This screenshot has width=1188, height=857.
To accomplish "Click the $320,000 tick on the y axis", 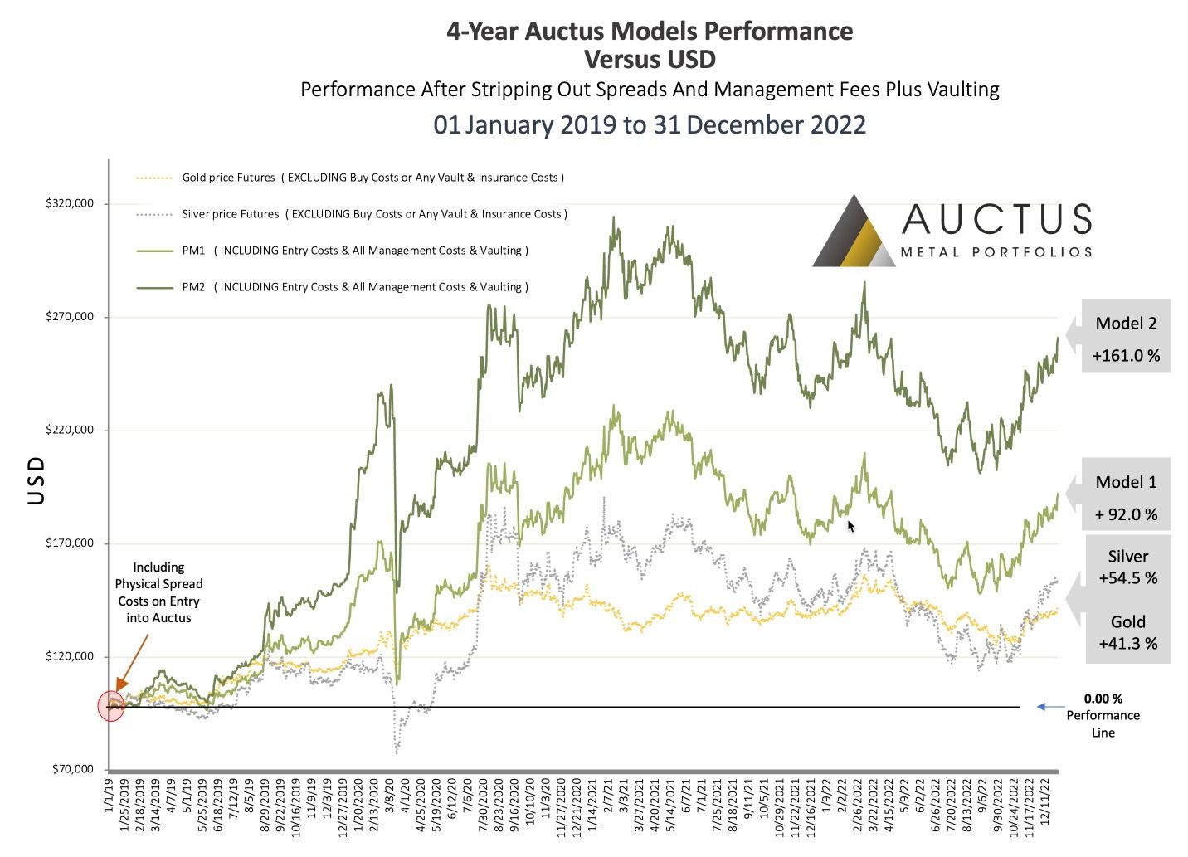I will (x=70, y=203).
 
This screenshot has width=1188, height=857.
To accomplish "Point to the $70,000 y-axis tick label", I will (x=72, y=769).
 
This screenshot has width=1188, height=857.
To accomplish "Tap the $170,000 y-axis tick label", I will (x=70, y=543).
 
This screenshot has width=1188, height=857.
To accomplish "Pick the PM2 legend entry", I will (x=331, y=287).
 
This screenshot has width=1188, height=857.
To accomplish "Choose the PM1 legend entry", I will (x=331, y=251).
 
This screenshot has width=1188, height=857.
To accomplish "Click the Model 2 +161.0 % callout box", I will (x=1125, y=338).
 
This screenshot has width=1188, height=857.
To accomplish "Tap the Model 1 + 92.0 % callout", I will (x=1125, y=497).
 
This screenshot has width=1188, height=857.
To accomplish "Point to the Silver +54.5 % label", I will (x=1127, y=567).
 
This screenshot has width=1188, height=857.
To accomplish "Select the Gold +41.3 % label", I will (x=1127, y=632).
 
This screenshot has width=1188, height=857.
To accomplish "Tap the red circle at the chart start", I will (x=111, y=706).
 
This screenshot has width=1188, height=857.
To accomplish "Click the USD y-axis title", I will (x=36, y=480).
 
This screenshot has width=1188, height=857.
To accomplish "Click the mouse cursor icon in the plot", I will (x=851, y=526).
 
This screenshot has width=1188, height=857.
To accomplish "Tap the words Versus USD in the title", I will (x=650, y=60).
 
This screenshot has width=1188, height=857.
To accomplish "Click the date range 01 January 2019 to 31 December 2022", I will (x=650, y=124).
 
